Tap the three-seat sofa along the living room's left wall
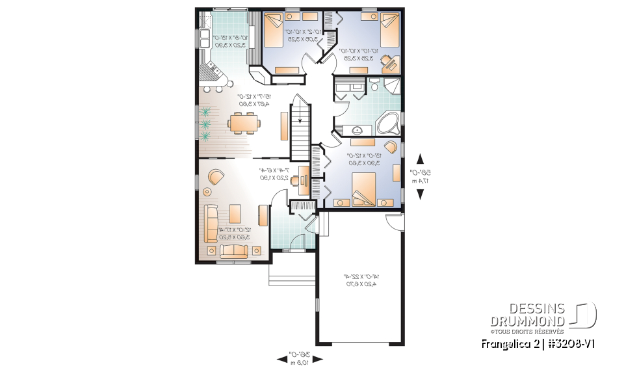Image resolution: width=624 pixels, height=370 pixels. pos(211,223)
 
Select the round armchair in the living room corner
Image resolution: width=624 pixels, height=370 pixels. pos(215,176)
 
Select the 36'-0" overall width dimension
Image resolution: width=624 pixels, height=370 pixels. pos(298,357)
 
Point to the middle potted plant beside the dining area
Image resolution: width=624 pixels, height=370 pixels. pos(206,122)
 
